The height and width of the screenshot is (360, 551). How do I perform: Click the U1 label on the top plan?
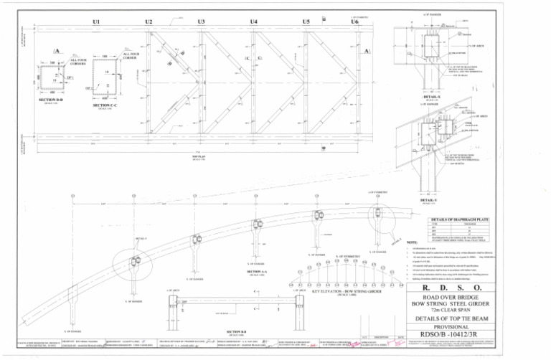tap(96, 22)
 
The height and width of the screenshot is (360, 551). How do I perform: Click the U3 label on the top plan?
tap(201, 22)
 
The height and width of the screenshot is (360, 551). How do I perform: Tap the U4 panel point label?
tap(254, 22)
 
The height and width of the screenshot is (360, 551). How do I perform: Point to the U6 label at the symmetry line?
tap(354, 22)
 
